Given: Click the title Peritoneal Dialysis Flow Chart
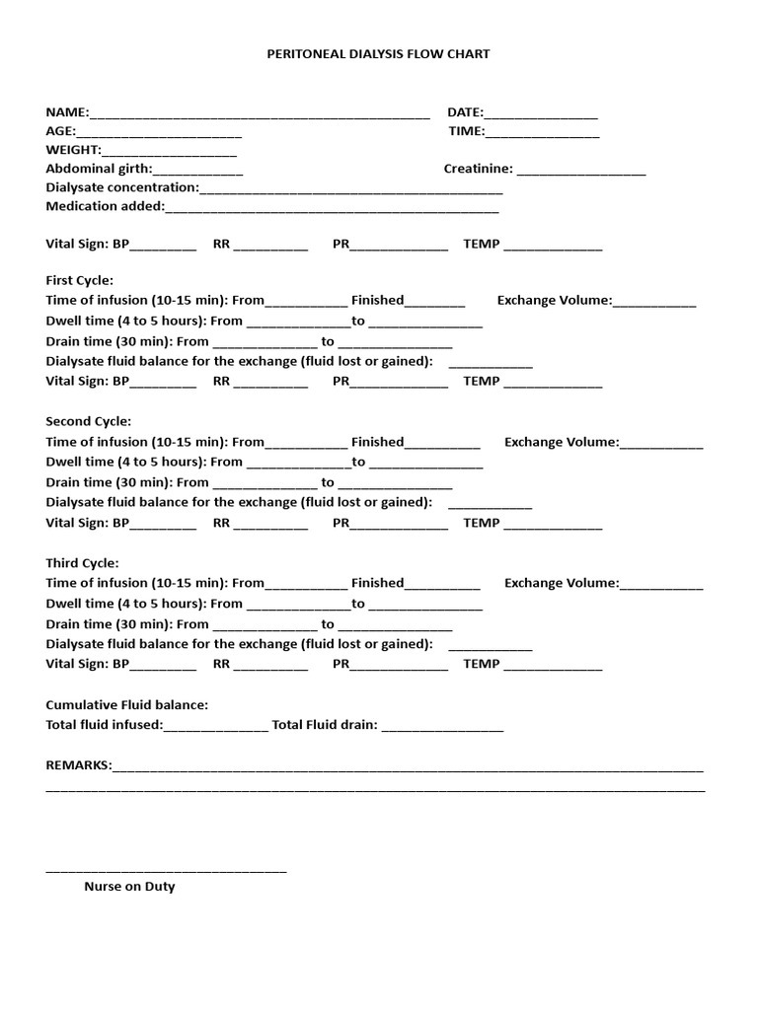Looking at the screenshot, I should (378, 54).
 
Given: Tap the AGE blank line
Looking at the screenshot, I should (159, 132).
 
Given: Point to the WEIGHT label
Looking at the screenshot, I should (73, 150).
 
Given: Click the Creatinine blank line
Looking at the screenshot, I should (580, 171).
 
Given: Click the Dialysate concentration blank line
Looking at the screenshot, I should (350, 189).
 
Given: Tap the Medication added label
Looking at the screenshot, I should (105, 206).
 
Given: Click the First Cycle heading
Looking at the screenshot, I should (80, 280).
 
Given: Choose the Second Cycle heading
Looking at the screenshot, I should (88, 421).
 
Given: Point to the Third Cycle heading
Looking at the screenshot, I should (83, 563).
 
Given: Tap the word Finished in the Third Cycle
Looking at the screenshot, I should (377, 583).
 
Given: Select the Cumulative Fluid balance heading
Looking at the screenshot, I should (127, 705).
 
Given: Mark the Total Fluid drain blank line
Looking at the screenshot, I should (442, 727).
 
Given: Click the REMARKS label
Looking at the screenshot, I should (78, 765).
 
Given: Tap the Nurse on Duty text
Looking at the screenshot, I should (129, 887).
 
